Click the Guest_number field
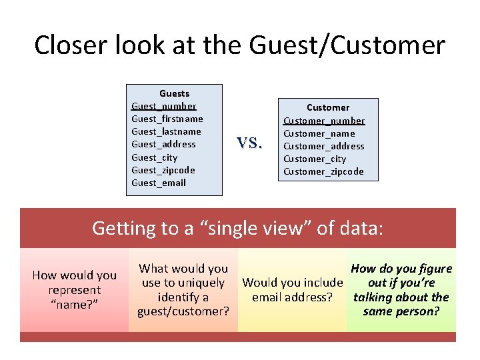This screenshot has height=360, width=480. (x=163, y=106)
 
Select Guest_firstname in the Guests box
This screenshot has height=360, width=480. (x=167, y=119)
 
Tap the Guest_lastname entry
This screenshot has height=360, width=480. (x=166, y=131)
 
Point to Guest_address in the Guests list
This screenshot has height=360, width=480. (x=163, y=144)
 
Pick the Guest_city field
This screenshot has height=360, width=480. (x=154, y=157)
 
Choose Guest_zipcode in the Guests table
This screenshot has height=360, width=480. (x=163, y=170)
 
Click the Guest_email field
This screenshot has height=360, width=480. (x=159, y=183)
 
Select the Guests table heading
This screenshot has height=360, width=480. (x=174, y=93)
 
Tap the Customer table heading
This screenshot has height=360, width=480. (x=327, y=107)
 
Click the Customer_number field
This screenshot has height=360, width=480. (x=324, y=121)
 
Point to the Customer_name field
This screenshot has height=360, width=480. (x=319, y=133)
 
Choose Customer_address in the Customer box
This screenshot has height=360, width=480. (x=323, y=146)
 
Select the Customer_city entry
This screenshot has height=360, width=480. (x=315, y=159)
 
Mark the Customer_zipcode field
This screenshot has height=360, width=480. (x=323, y=171)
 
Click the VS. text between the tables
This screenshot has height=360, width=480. (x=250, y=142)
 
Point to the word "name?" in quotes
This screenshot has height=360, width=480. (x=74, y=305)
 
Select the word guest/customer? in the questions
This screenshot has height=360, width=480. (x=183, y=311)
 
